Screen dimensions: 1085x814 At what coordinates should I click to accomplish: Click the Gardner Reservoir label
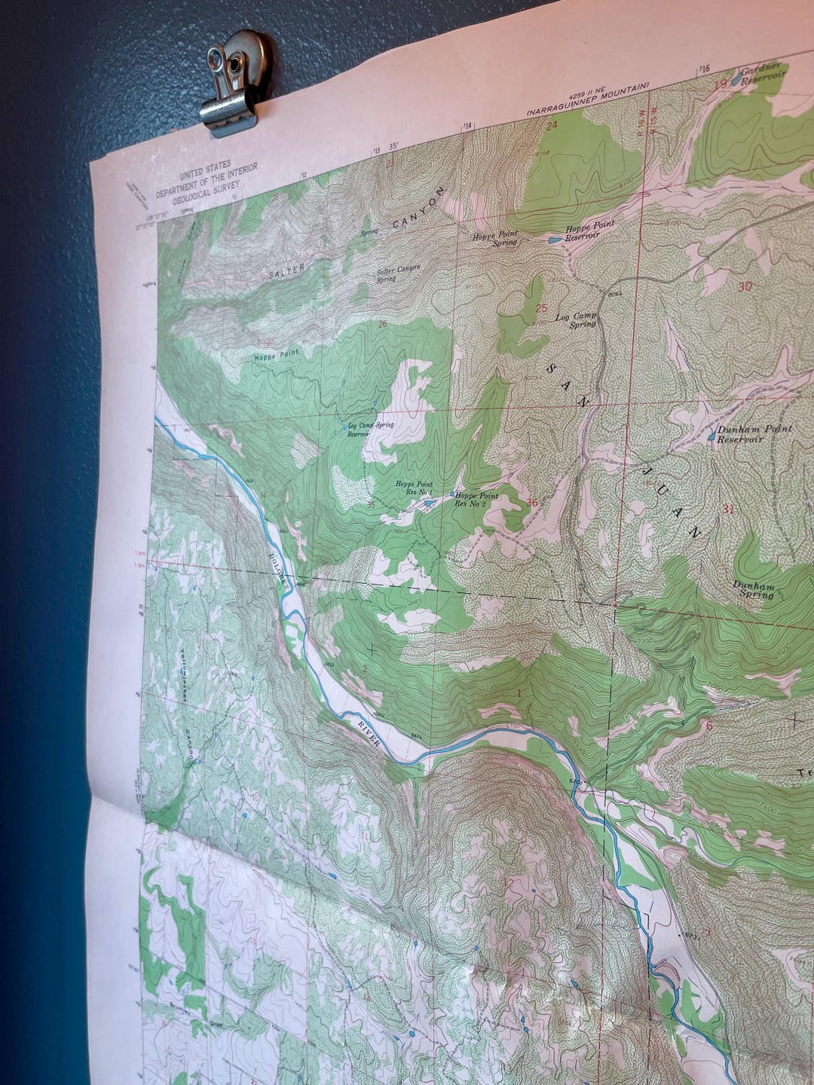(763, 75)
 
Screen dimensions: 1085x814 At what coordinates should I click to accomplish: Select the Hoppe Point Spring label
(494, 240)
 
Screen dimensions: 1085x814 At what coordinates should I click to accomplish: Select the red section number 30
(745, 286)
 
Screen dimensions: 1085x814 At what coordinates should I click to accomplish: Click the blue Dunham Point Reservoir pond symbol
(711, 436)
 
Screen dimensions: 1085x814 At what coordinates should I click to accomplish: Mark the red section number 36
(533, 503)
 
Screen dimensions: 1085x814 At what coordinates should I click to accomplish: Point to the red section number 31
(727, 509)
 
